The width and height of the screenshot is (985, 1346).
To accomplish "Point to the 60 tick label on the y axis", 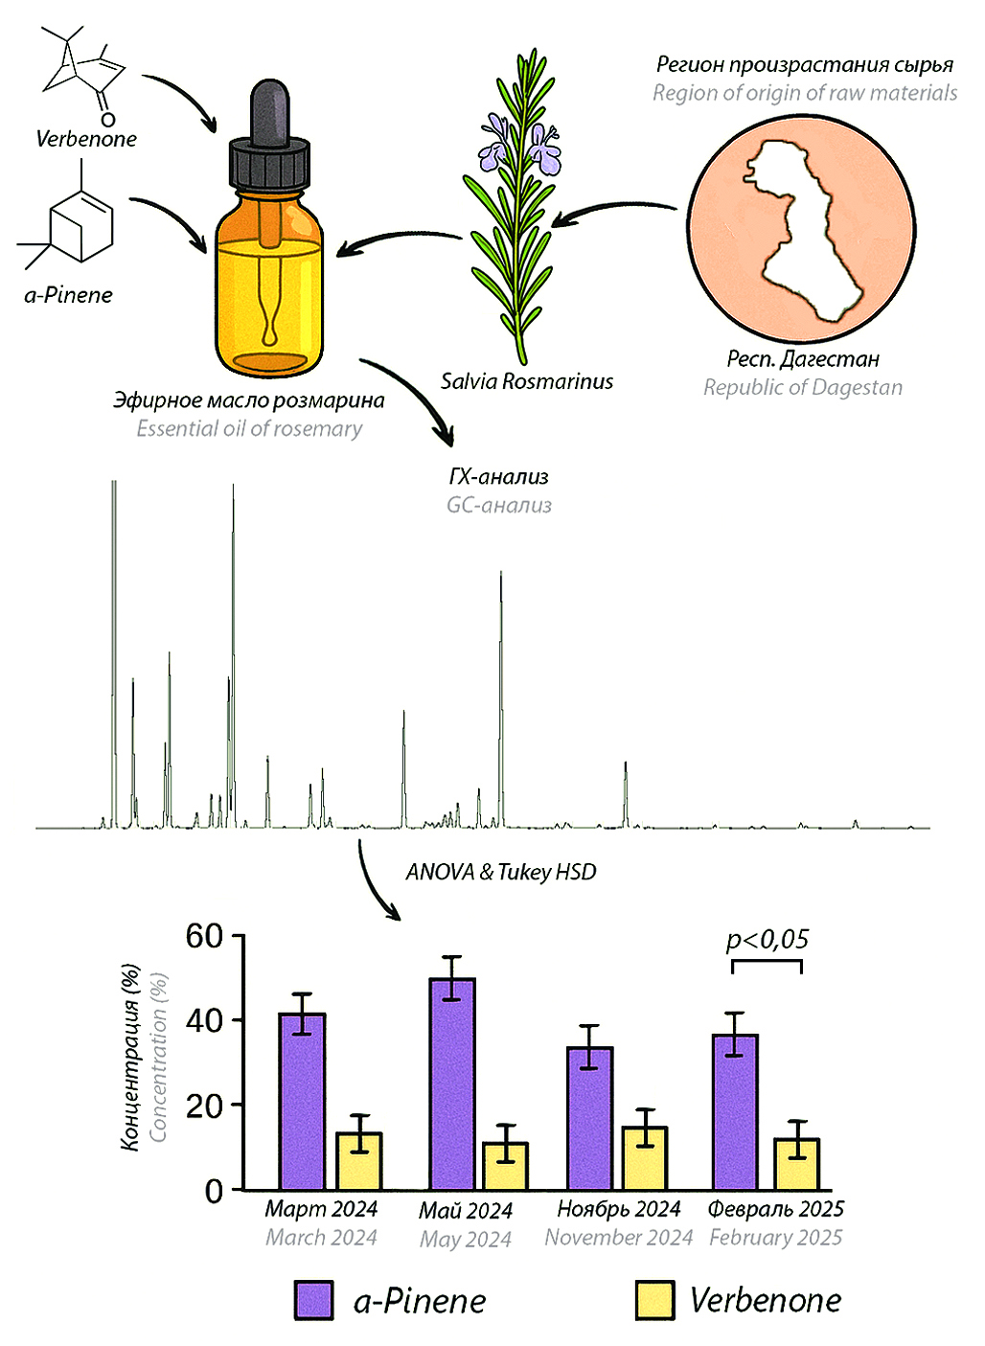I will point(204,936).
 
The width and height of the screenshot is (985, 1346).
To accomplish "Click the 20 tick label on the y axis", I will point(204,1106).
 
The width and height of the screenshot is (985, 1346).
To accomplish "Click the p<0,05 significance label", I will point(767,939).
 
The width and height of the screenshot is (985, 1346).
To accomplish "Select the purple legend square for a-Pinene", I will point(314,1300).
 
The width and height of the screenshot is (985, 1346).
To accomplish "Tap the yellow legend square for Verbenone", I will point(654,1300).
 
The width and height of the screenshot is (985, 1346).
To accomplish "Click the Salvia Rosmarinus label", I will point(526,381).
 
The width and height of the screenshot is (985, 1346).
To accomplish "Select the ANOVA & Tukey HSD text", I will point(501,872).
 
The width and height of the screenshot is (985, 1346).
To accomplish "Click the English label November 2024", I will point(618,1238).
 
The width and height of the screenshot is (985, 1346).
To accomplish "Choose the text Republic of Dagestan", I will point(803,387).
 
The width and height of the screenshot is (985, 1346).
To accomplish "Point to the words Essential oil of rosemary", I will point(249,428).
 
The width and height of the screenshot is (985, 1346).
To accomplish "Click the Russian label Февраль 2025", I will point(775,1209).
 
